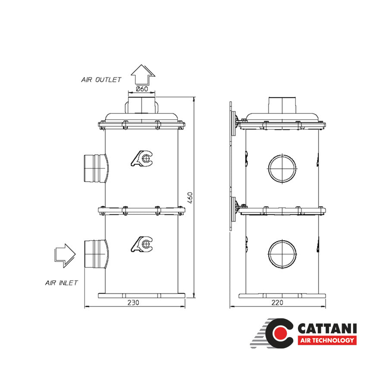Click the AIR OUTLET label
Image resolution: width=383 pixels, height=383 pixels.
(x=101, y=80)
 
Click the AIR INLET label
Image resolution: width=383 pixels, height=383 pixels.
(x=62, y=283)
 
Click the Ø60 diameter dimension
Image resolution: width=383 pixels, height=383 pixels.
(x=142, y=89)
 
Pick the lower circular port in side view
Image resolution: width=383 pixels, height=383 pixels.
(x=283, y=253)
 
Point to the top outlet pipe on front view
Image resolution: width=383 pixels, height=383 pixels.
(x=142, y=105)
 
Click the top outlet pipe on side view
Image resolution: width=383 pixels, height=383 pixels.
(x=283, y=105)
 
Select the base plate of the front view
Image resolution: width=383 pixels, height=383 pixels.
(x=142, y=295)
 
